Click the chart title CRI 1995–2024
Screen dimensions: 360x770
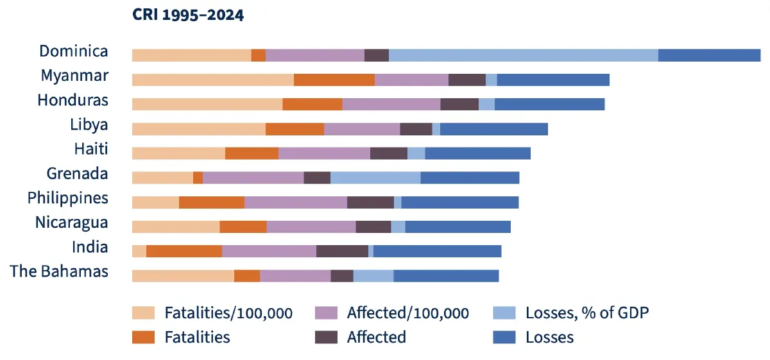(x=188, y=15)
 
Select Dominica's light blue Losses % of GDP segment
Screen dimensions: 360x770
(x=523, y=55)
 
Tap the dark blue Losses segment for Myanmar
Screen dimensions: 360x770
(x=552, y=80)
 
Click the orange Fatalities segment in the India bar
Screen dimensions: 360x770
(x=184, y=251)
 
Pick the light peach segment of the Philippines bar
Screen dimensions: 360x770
(x=155, y=202)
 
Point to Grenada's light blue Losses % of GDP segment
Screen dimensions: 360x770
(x=375, y=178)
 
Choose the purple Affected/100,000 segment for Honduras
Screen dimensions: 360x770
(x=391, y=104)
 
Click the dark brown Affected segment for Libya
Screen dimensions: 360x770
(x=416, y=129)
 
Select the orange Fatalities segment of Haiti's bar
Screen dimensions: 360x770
(x=252, y=153)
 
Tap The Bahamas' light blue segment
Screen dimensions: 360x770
(x=373, y=275)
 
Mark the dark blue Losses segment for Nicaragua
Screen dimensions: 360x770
(x=458, y=227)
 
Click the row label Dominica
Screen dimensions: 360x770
(x=74, y=51)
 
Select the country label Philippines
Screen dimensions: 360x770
(x=67, y=198)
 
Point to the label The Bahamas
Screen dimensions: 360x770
(x=59, y=271)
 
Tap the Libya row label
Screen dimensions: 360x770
(x=89, y=124)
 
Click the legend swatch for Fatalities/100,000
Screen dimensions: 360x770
(x=144, y=313)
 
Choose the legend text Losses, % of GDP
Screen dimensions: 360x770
(x=587, y=313)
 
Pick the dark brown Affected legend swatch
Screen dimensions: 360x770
(x=327, y=337)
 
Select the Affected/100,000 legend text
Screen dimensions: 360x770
(x=407, y=313)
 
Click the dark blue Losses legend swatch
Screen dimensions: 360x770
(x=504, y=337)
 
